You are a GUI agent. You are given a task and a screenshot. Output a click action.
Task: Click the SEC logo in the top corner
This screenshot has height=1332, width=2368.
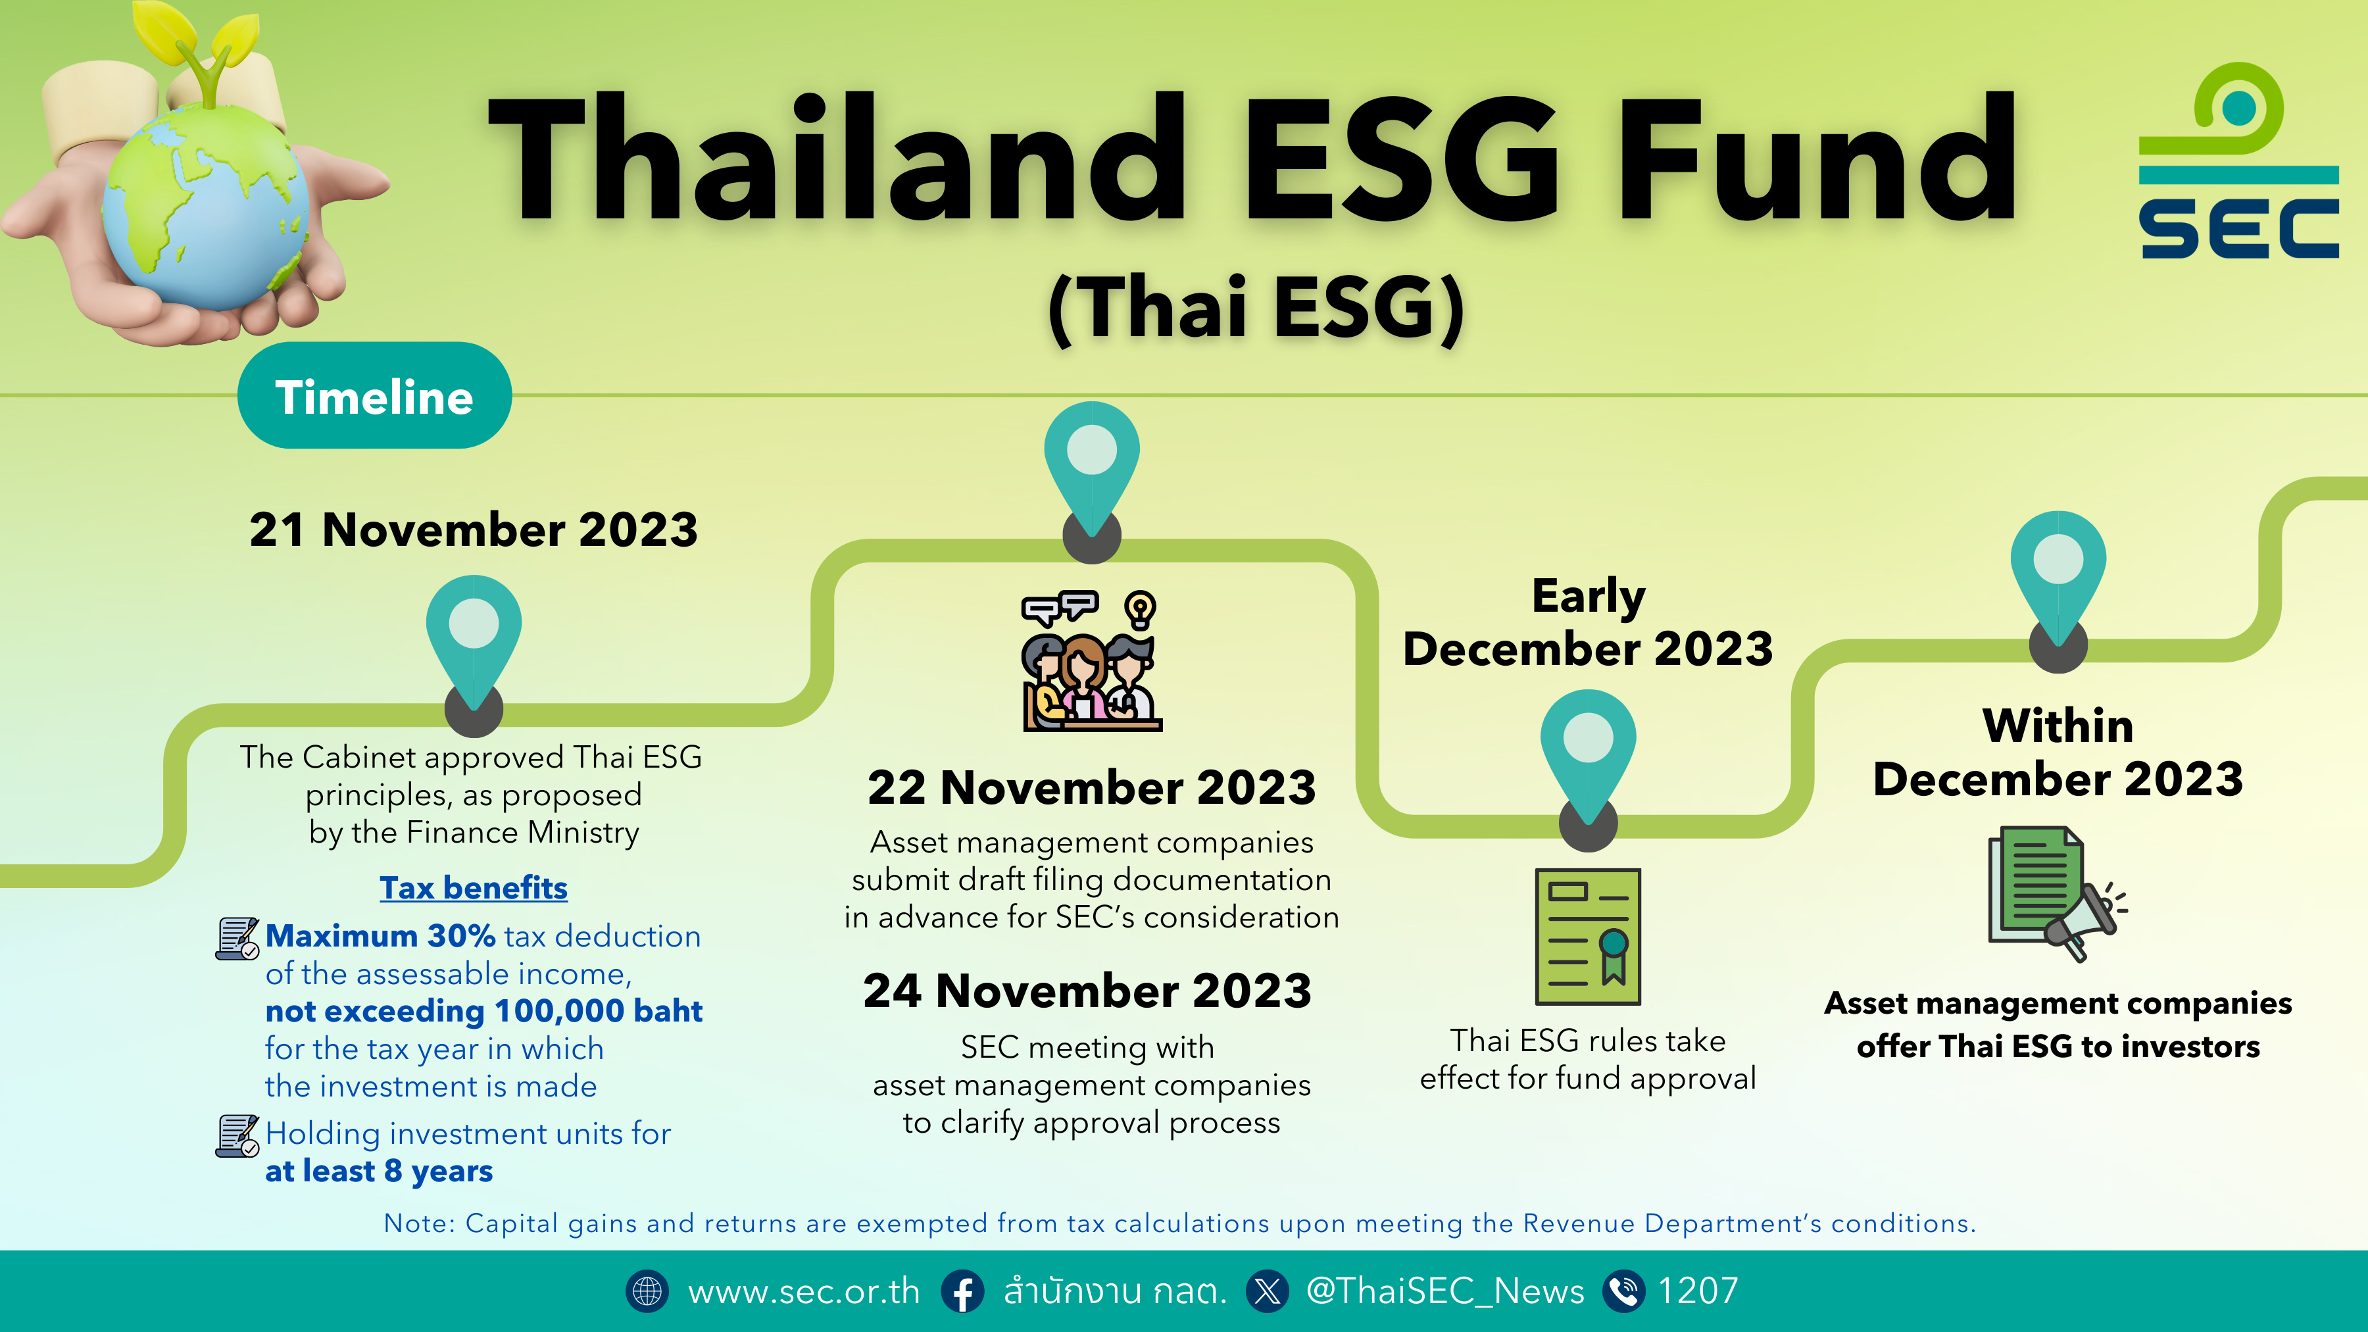[x=2238, y=161]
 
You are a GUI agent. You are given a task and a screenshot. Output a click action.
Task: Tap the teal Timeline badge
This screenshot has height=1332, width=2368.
[x=374, y=395]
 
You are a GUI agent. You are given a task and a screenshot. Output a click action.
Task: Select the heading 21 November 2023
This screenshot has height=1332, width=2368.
[x=474, y=530]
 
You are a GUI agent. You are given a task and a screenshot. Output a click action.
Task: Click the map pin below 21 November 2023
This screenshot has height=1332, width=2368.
[x=474, y=653]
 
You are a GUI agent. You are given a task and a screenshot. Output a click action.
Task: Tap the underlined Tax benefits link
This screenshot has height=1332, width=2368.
[x=474, y=888]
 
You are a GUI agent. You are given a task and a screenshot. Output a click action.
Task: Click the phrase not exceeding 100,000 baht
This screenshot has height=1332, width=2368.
[x=483, y=1011]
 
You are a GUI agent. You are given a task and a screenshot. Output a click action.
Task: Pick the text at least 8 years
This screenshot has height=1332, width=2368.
[x=379, y=1171]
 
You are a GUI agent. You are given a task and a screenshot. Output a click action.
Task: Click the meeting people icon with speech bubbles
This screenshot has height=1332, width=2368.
[x=1091, y=660]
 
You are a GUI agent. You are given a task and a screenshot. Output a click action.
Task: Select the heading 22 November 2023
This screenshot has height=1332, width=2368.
[x=1091, y=788]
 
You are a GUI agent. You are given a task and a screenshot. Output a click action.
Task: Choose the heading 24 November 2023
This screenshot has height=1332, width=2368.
[x=1087, y=991]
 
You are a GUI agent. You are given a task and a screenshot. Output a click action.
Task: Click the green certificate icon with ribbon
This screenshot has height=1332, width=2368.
[x=1588, y=937]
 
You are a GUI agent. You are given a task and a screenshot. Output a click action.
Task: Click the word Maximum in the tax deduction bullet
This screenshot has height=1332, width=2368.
[x=341, y=936]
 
